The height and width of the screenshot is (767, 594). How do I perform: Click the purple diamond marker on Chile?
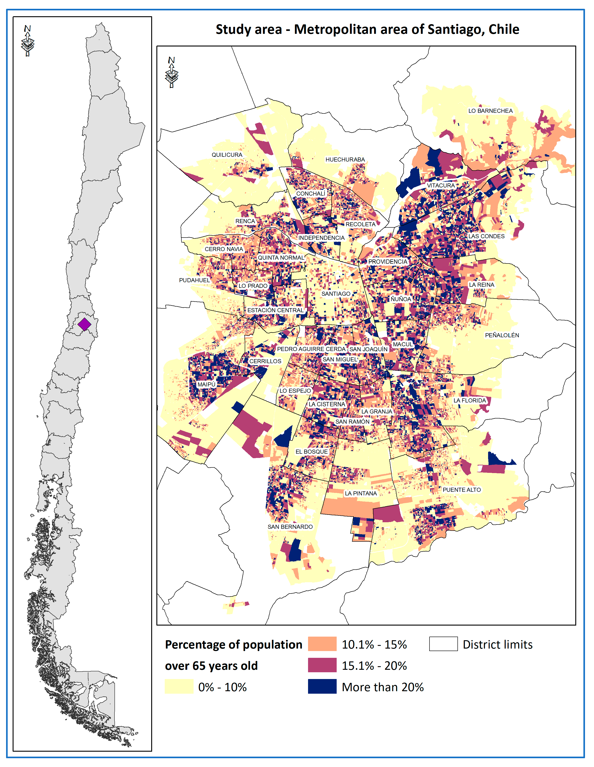coord(84,324)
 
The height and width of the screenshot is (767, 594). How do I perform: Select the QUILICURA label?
coord(227,155)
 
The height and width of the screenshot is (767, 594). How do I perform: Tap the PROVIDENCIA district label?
coord(387,262)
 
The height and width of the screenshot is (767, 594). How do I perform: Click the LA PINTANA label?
coord(361,493)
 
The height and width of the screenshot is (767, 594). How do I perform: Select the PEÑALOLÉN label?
coord(502,335)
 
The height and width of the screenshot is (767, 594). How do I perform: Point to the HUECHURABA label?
coord(345,159)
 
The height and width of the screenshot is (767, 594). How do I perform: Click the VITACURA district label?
coord(441,185)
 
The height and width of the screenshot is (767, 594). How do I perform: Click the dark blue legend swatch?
coord(322,686)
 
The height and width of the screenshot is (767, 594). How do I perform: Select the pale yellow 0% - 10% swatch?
coord(179,686)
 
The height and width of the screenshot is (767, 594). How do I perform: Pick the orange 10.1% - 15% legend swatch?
coord(322,644)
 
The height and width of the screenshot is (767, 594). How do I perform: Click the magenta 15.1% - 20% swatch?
coord(322,665)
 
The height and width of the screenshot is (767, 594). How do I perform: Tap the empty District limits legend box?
coord(443,644)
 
